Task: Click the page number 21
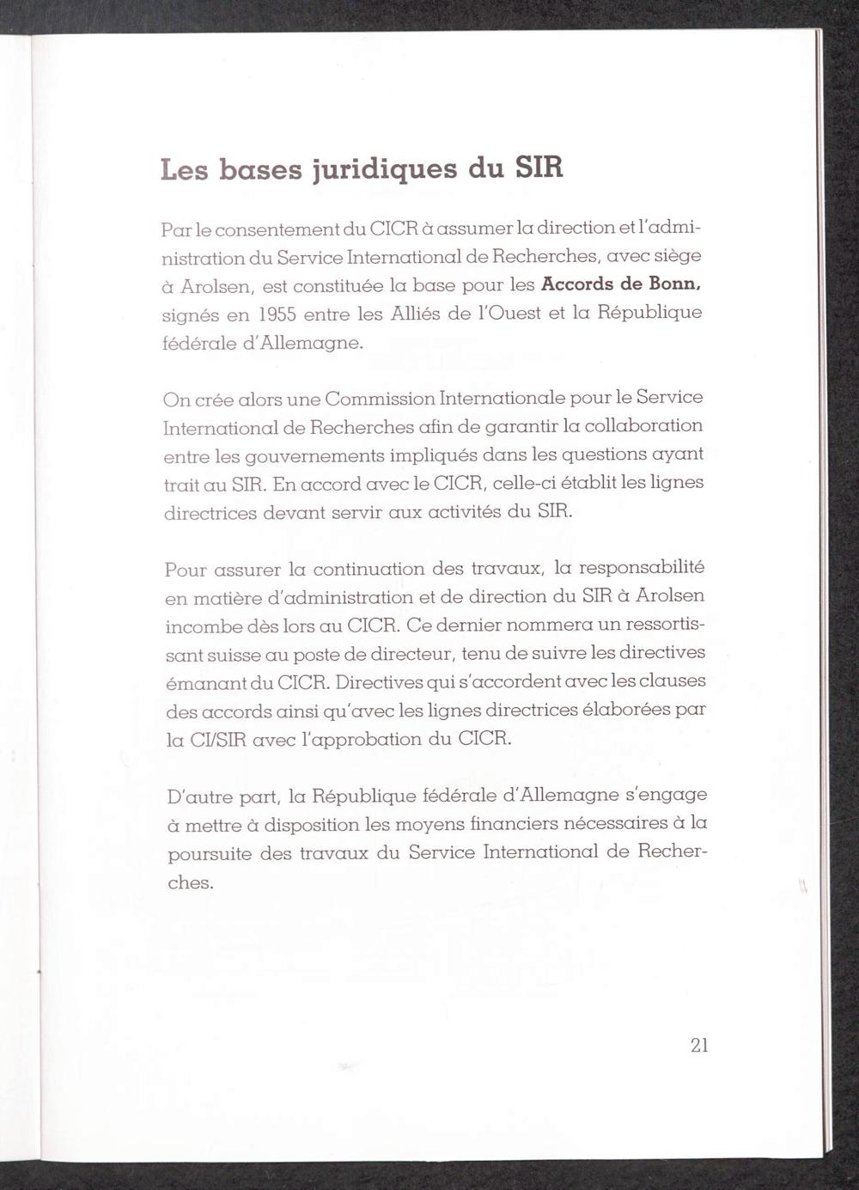698,1046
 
